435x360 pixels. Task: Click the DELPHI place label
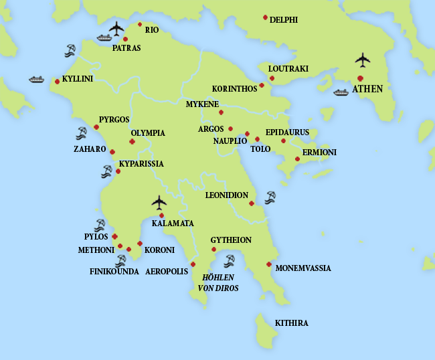(x=284, y=19)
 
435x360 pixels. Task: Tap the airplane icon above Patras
(x=117, y=28)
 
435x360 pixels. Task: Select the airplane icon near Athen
(x=362, y=60)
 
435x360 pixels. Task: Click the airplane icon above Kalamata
(x=159, y=201)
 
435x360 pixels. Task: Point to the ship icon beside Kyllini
(x=36, y=80)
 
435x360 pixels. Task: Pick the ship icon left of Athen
(x=341, y=92)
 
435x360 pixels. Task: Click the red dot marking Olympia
(x=132, y=142)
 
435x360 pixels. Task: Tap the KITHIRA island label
(x=292, y=323)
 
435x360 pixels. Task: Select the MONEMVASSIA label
(x=303, y=268)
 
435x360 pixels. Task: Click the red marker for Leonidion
(x=252, y=203)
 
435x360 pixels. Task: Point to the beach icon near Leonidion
(x=270, y=197)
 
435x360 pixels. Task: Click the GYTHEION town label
(x=231, y=240)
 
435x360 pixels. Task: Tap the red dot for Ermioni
(x=297, y=159)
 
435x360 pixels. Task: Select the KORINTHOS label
(x=234, y=88)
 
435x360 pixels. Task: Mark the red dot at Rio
(x=140, y=24)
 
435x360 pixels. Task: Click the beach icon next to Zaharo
(x=81, y=132)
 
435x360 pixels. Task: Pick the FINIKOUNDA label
(x=114, y=272)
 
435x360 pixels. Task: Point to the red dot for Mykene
(x=221, y=112)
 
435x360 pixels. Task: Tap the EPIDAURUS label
(x=287, y=132)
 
